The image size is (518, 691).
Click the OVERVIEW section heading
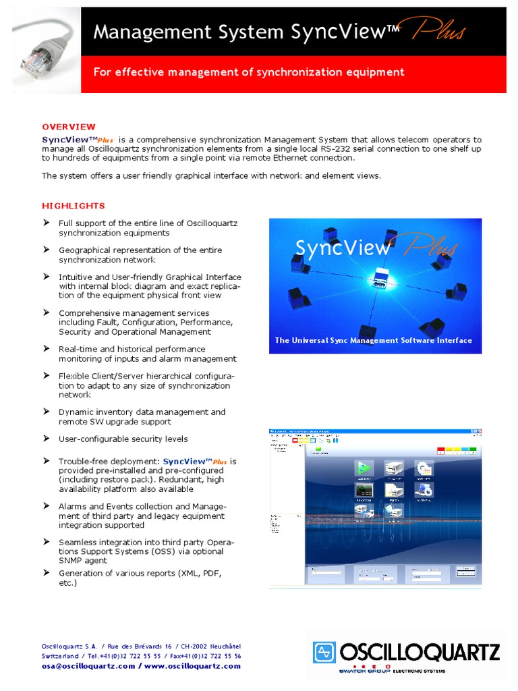tap(69, 127)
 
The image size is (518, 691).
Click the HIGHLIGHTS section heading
tap(74, 206)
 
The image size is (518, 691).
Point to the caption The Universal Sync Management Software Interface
tap(373, 340)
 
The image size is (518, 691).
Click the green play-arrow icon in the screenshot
tap(364, 468)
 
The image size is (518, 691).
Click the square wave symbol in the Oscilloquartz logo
tap(324, 653)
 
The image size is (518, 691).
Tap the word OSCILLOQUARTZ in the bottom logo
tap(419, 652)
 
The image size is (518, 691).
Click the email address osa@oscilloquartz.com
tap(88, 666)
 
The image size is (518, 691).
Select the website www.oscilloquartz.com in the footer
tap(192, 666)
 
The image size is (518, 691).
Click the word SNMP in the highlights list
tap(71, 561)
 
